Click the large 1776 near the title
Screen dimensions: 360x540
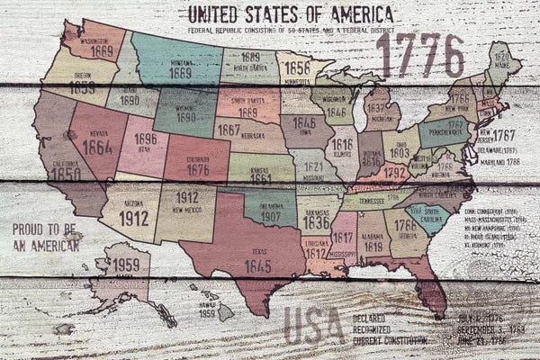pos(420,56)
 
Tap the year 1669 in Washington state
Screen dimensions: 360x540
pos(101,51)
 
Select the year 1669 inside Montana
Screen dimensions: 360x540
pos(180,73)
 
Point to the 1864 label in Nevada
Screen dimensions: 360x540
pos(97,146)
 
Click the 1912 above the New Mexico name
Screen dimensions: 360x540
pos(186,197)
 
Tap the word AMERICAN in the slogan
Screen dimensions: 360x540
pos(50,245)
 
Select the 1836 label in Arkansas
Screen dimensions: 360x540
pos(315,222)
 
